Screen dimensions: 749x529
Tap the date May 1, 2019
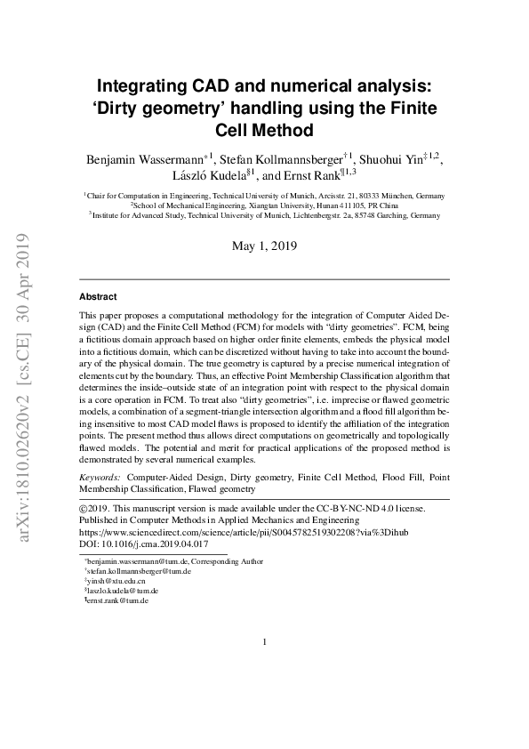pyautogui.click(x=264, y=246)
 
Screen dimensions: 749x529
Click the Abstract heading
pyautogui.click(x=98, y=296)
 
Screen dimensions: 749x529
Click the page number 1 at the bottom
pyautogui.click(x=265, y=642)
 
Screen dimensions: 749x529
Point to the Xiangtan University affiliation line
pyautogui.click(x=264, y=204)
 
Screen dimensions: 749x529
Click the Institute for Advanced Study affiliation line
pyautogui.click(x=264, y=214)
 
